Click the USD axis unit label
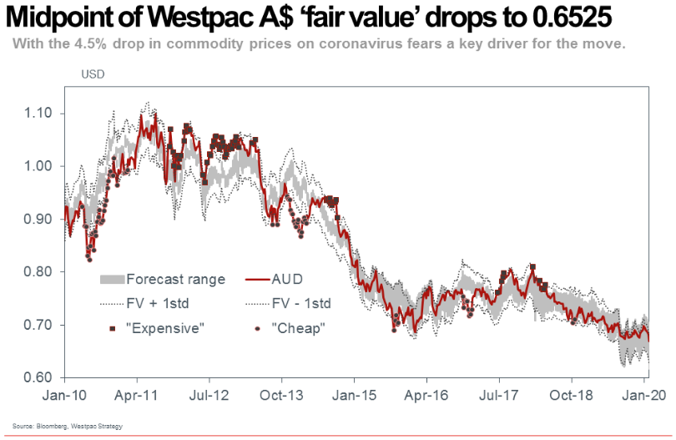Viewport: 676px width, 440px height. tap(93, 75)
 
